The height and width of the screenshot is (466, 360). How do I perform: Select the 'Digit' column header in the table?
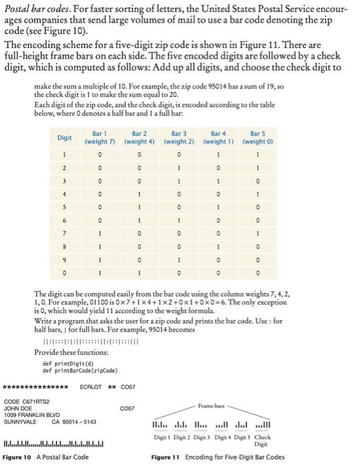(x=65, y=138)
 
